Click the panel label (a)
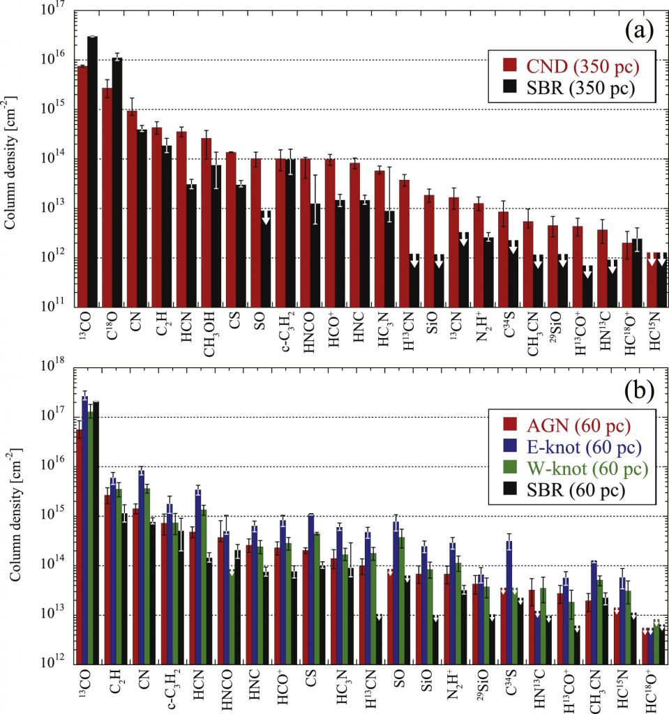[639, 30]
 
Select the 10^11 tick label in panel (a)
[52, 307]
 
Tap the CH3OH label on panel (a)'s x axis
[207, 338]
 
